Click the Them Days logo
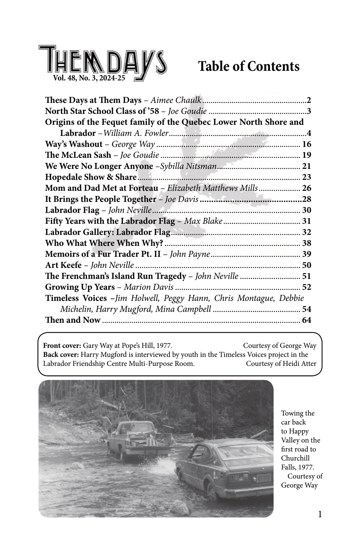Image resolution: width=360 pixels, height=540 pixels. [102, 61]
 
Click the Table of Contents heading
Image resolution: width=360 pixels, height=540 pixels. [249, 66]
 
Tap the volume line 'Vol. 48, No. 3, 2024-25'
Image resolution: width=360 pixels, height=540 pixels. [89, 79]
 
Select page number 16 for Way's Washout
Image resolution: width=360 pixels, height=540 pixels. [307, 144]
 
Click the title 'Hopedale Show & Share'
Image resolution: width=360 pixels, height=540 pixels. [91, 177]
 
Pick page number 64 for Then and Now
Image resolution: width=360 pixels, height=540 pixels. [307, 320]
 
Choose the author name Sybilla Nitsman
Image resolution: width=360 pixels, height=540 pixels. [188, 166]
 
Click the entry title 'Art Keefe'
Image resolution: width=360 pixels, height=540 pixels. [63, 265]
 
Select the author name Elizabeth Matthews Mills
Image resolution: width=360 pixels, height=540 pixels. [212, 188]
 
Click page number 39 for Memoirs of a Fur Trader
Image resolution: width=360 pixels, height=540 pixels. [307, 254]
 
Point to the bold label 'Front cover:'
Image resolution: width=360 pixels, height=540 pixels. [62, 346]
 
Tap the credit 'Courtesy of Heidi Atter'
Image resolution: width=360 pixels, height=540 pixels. [281, 364]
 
